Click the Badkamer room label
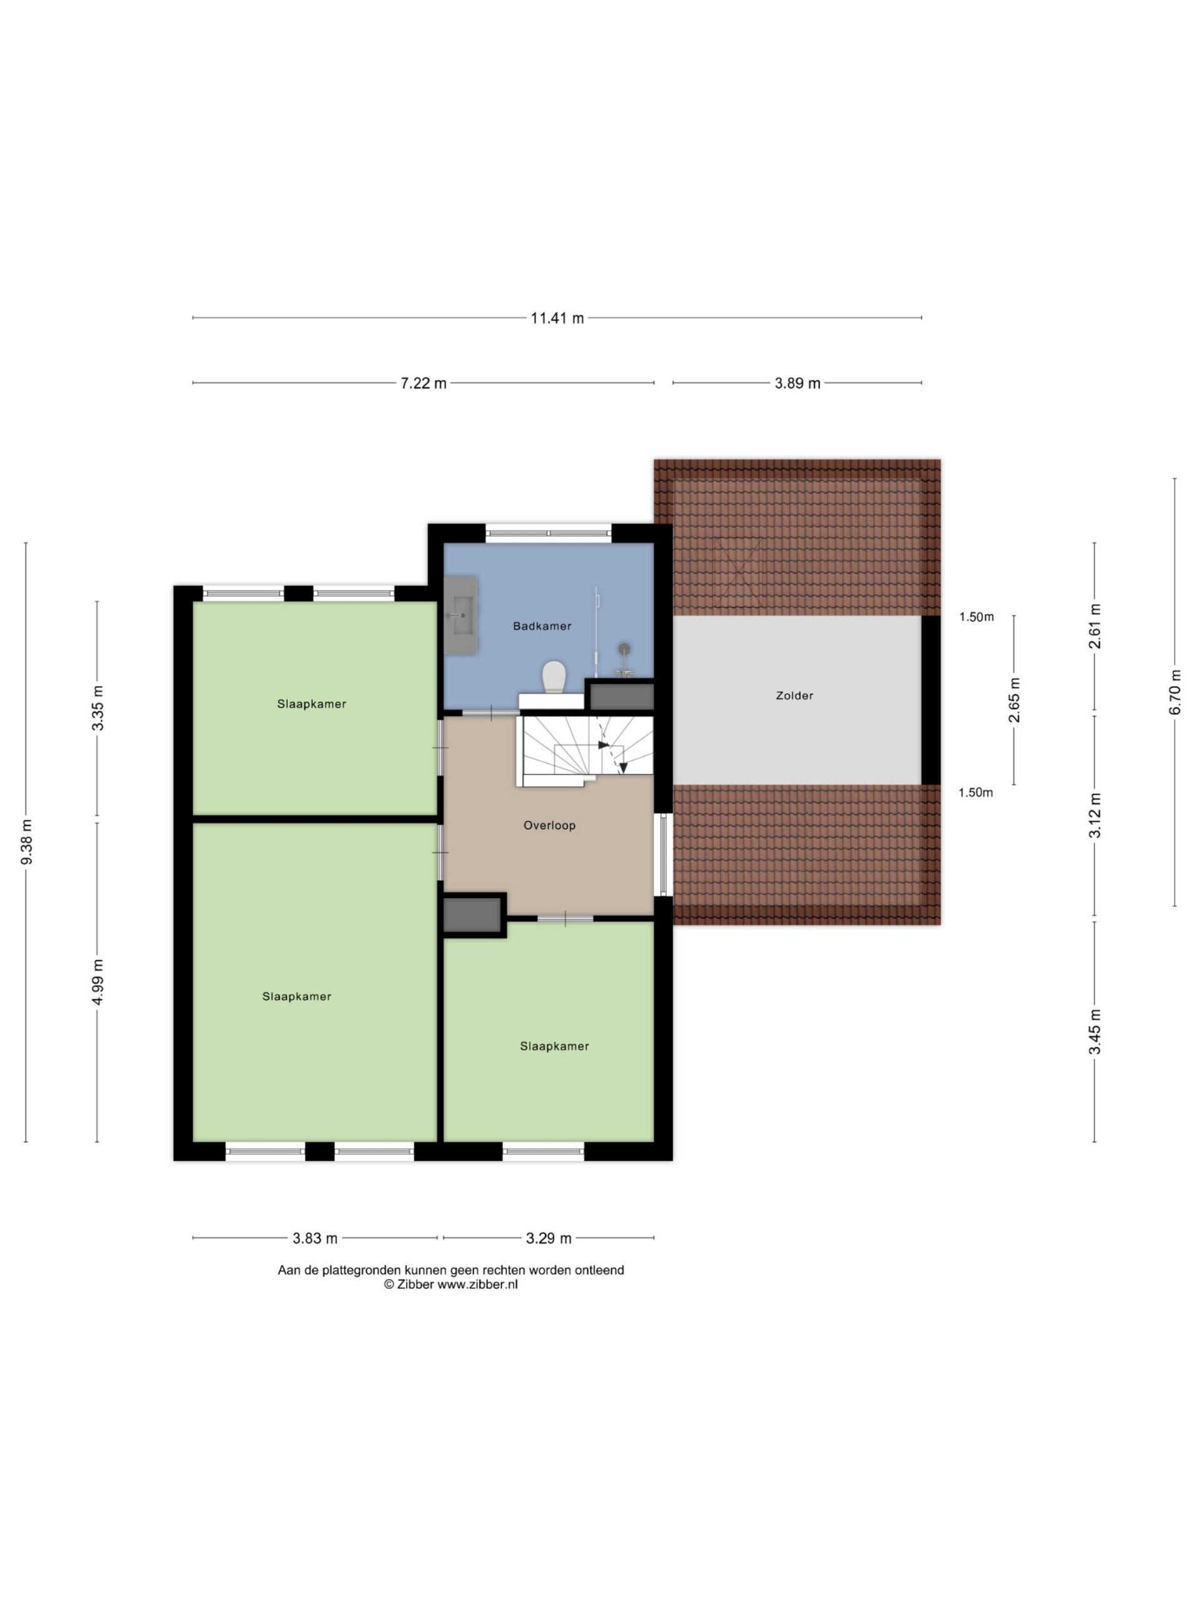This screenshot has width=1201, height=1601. tap(542, 626)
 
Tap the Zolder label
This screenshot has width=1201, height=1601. tap(794, 695)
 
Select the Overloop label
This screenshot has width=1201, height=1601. tap(549, 825)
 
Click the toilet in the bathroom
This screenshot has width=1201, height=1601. tap(554, 677)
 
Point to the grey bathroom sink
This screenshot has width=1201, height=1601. tap(460, 615)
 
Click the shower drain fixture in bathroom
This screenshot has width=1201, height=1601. tap(624, 649)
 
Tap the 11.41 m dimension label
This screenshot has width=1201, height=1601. tap(557, 318)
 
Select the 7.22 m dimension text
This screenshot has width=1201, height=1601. tap(423, 383)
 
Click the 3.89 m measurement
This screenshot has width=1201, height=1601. tap(797, 383)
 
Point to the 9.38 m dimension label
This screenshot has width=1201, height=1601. tap(27, 842)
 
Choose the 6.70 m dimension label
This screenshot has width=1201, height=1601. tap(1175, 692)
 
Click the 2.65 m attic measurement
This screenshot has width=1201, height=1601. tap(1014, 700)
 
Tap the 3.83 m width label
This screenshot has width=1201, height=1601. tap(315, 1238)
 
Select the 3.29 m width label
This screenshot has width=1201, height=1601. tap(549, 1238)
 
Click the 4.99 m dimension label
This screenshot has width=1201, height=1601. tap(98, 981)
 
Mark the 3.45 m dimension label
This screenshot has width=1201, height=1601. tap(1095, 1031)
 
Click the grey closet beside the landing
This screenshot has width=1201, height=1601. tap(472, 915)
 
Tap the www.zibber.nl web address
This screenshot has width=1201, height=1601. tap(477, 1285)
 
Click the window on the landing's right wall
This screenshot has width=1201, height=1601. tap(663, 854)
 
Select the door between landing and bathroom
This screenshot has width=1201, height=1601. tap(491, 713)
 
